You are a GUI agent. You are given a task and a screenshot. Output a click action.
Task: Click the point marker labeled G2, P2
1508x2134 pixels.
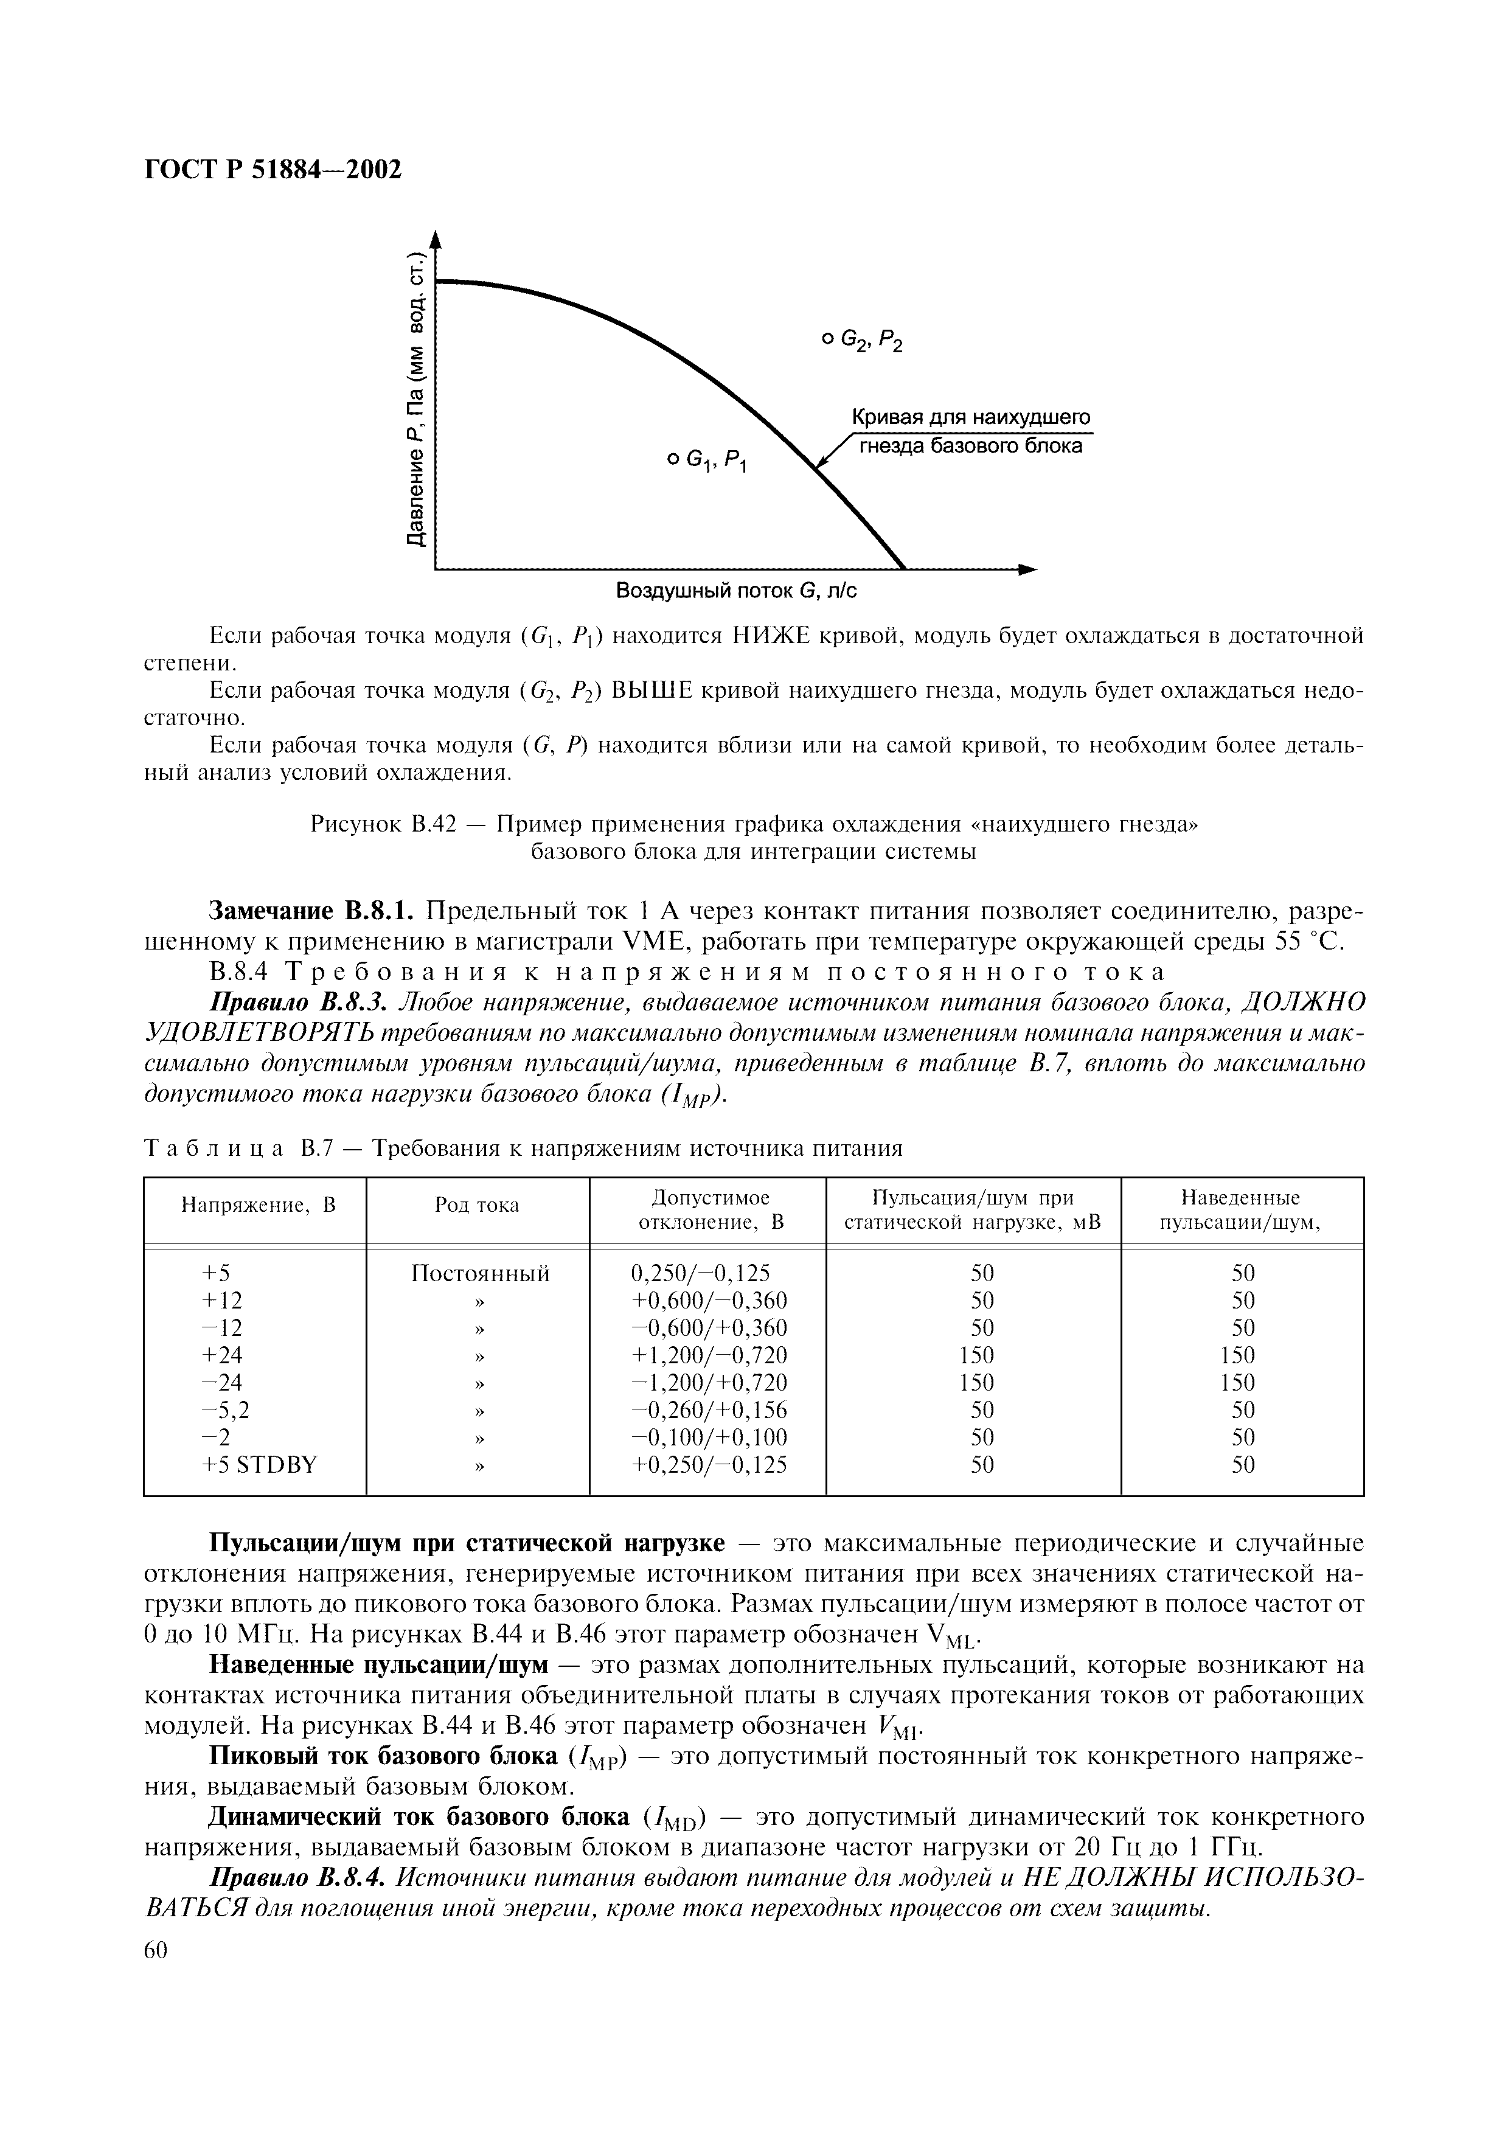tap(825, 339)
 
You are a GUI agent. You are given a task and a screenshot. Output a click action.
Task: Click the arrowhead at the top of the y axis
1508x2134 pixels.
tap(435, 240)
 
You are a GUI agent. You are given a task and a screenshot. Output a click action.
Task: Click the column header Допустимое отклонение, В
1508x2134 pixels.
tap(711, 1209)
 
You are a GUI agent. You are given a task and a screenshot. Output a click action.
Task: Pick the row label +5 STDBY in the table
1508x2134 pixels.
tap(259, 1465)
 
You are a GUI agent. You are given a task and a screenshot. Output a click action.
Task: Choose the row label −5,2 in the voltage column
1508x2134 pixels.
tap(225, 1410)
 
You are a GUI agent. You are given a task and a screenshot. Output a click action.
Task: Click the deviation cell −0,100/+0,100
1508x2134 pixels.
tap(710, 1438)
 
